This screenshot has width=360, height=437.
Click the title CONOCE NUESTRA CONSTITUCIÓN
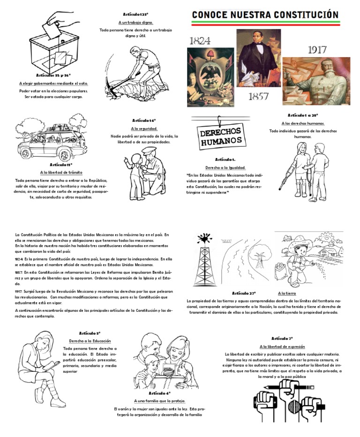[265, 15]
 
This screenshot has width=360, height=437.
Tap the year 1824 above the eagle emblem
[200, 40]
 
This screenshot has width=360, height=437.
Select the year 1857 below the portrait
[258, 97]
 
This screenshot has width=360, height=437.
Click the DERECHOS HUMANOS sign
[221, 136]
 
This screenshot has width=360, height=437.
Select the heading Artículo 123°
[135, 15]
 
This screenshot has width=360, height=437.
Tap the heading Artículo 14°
[144, 121]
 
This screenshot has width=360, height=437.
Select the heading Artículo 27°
[244, 293]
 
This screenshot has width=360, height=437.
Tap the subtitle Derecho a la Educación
[90, 340]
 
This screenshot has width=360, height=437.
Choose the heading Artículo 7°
[282, 338]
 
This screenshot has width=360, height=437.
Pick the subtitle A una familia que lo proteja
[159, 401]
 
